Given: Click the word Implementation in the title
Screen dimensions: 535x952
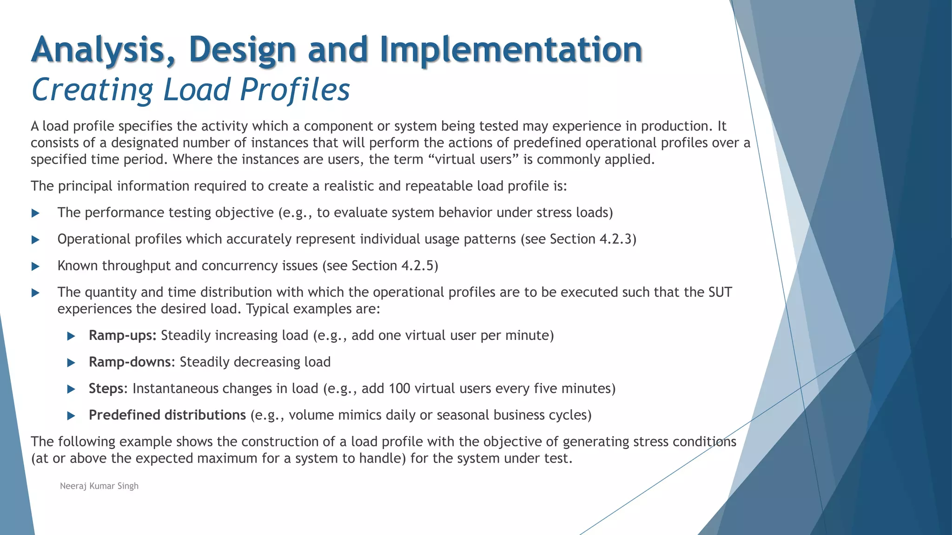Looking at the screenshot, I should pyautogui.click(x=510, y=50).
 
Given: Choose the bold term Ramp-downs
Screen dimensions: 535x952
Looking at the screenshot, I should pyautogui.click(x=130, y=362).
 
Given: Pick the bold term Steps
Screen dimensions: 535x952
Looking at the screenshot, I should pyautogui.click(x=106, y=388).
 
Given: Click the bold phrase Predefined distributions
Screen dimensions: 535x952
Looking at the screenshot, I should pyautogui.click(x=167, y=415).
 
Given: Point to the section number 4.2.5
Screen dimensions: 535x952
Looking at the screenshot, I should pyautogui.click(x=417, y=266).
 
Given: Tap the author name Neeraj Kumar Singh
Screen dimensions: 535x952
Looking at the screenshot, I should pyautogui.click(x=99, y=486).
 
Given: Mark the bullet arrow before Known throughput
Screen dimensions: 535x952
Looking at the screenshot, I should pyautogui.click(x=35, y=266).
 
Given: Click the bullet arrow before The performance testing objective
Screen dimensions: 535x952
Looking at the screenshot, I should pyautogui.click(x=35, y=213).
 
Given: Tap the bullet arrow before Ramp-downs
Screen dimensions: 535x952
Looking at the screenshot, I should pyautogui.click(x=71, y=363).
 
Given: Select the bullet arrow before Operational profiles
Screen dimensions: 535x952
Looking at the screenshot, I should pyautogui.click(x=35, y=240).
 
